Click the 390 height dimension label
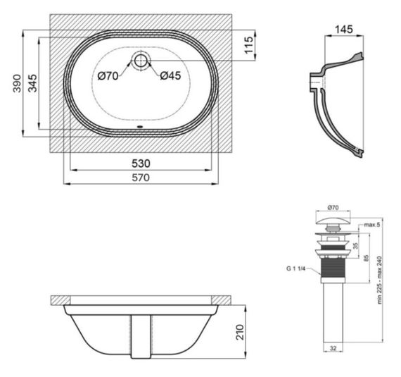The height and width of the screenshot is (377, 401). [x=17, y=83]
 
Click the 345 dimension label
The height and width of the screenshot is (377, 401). [x=32, y=83]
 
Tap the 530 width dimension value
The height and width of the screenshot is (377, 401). [x=141, y=163]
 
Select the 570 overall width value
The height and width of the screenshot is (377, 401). [x=141, y=178]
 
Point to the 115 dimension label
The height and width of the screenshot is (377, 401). [x=248, y=45]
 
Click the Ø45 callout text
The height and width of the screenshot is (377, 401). [x=170, y=75]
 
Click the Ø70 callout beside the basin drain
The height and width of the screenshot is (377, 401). [x=108, y=76]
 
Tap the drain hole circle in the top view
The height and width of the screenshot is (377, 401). [x=141, y=61]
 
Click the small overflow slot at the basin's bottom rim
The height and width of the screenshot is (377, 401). [x=140, y=126]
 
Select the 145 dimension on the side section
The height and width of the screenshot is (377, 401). [x=344, y=30]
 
